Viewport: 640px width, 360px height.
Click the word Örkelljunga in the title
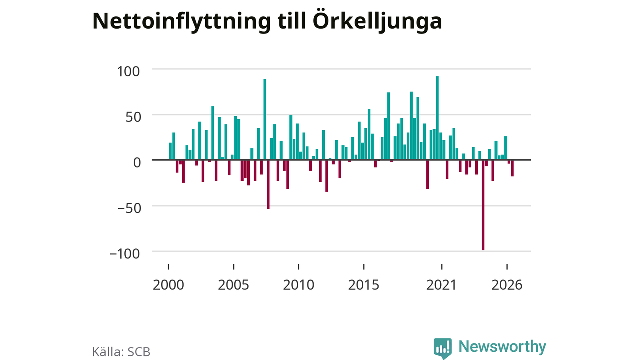click(377, 21)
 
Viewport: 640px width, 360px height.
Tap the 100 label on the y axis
click(128, 71)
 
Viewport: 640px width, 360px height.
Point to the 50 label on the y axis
click(133, 117)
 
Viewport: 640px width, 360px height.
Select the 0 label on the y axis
click(137, 163)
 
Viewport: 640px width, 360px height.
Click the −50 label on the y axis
click(129, 208)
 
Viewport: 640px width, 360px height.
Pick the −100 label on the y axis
click(125, 253)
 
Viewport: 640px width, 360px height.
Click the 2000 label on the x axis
click(168, 285)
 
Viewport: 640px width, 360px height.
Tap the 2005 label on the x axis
click(233, 285)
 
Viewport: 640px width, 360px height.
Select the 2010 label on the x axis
click(299, 285)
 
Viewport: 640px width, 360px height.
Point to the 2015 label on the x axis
click(364, 285)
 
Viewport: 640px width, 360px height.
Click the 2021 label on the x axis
click(442, 285)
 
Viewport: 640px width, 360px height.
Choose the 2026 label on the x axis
click(507, 285)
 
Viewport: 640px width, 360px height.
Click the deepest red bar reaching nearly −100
click(483, 205)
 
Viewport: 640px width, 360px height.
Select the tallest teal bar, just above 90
click(437, 118)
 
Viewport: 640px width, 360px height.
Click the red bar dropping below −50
click(268, 184)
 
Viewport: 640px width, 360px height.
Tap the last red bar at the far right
click(512, 168)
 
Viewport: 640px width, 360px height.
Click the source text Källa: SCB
click(121, 351)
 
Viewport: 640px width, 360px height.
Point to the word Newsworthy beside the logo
click(502, 347)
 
